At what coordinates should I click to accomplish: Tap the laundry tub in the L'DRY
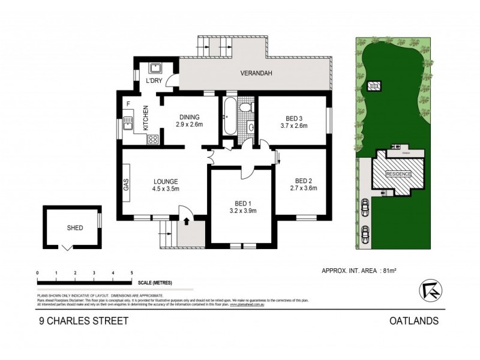[153, 68]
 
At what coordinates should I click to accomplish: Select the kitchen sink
[128, 124]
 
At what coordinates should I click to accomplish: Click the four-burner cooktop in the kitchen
[153, 140]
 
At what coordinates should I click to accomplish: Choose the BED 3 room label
[293, 118]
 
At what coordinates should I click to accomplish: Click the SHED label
[74, 228]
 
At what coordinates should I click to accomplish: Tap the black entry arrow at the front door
[186, 221]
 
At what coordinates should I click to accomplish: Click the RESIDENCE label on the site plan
[398, 174]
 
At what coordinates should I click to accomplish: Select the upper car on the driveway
[365, 208]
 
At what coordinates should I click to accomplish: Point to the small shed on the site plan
[374, 86]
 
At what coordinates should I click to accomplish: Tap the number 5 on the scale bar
[131, 273]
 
